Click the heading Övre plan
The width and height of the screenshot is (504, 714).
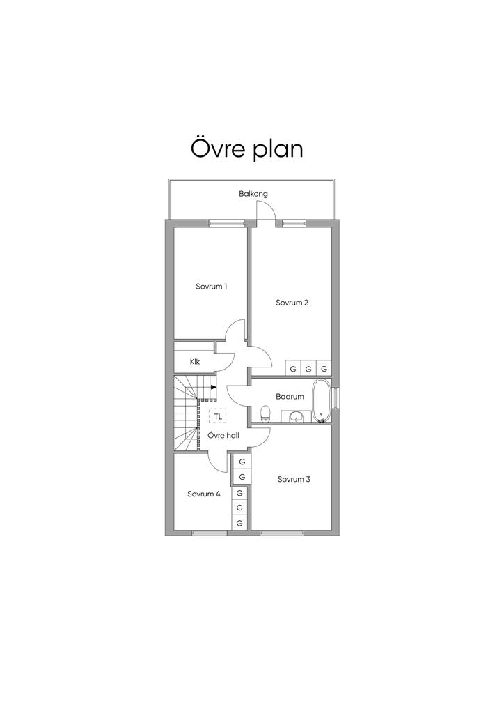[246, 149]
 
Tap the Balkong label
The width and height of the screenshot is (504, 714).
[253, 194]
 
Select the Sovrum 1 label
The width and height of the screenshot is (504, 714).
[212, 287]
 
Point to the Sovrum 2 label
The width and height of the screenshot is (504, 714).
[292, 303]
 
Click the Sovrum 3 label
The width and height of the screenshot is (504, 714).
[294, 479]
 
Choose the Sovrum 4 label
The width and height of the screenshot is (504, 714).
[204, 494]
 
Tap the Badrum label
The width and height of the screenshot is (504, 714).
[290, 397]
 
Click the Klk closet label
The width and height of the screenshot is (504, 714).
[195, 362]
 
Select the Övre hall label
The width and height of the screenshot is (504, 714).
[223, 436]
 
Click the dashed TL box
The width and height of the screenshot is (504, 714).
[218, 416]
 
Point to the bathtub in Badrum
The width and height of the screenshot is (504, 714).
[322, 400]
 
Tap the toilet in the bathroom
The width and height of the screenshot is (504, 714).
[265, 414]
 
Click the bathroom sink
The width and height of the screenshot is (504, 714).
[297, 416]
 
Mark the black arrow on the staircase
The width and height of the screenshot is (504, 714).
[214, 388]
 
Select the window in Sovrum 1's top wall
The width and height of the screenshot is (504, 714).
[227, 223]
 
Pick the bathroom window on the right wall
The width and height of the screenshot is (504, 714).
[336, 397]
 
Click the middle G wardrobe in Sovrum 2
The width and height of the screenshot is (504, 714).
[308, 369]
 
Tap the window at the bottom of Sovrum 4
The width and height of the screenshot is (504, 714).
[210, 533]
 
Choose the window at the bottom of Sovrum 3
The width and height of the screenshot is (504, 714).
[282, 533]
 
